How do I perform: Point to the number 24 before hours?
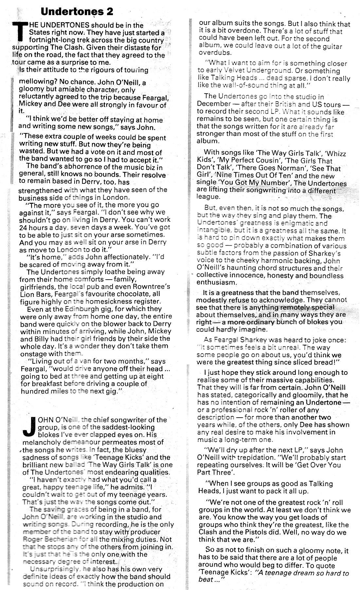click(23, 227)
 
